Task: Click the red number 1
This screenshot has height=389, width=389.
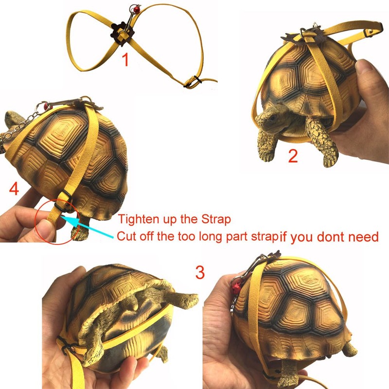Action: click(125, 60)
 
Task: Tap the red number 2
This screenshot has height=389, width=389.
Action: click(293, 156)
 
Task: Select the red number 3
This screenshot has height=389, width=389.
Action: click(199, 272)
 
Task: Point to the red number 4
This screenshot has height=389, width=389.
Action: click(14, 189)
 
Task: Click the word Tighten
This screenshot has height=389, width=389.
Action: click(138, 219)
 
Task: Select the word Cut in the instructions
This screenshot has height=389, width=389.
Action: click(125, 237)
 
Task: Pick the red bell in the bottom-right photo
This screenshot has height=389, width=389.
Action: click(237, 289)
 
